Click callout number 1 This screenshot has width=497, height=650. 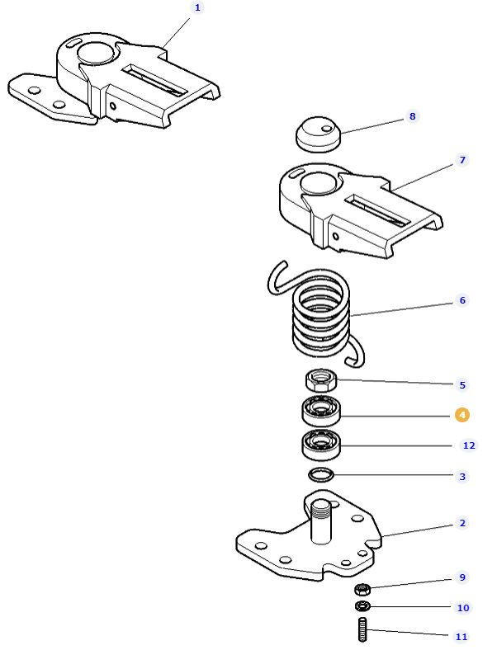click(196, 7)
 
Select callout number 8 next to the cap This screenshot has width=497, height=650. click(412, 117)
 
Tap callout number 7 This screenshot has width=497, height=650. click(461, 160)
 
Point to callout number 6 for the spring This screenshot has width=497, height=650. click(462, 300)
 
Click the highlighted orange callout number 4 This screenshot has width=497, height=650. click(462, 414)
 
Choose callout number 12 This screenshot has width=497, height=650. click(468, 445)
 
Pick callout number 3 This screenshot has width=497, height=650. click(462, 477)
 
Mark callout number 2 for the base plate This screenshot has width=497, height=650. click(462, 523)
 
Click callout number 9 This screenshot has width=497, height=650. click(462, 577)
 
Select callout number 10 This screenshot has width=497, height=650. click(463, 608)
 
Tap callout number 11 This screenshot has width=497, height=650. click(461, 637)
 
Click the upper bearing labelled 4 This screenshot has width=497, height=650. click(319, 410)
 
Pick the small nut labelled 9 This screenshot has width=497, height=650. click(362, 589)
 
